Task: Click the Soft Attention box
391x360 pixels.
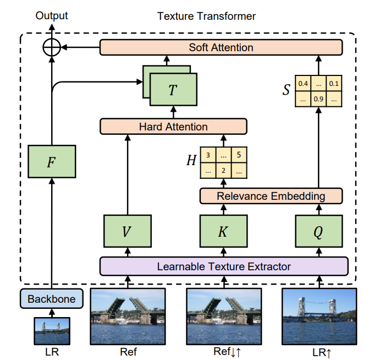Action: click(221, 47)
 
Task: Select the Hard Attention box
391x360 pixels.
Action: click(173, 127)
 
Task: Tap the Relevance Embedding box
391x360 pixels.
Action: click(271, 196)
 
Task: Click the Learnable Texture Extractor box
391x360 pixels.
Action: click(224, 266)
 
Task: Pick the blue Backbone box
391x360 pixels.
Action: click(51, 298)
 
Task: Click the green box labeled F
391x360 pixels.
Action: click(52, 161)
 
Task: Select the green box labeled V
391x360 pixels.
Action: click(128, 231)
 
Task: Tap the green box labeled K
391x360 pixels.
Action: click(224, 231)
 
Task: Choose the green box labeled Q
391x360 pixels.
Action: click(319, 231)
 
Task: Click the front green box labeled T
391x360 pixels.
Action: click(173, 89)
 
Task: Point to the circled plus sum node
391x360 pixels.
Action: click(52, 47)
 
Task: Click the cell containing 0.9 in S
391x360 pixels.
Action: click(318, 99)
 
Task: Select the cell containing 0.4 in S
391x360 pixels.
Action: click(303, 83)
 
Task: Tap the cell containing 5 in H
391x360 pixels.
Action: click(239, 155)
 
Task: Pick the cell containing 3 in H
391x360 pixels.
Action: click(208, 155)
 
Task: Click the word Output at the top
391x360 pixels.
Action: click(52, 16)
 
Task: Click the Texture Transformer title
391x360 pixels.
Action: click(206, 16)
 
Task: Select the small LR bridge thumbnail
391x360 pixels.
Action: click(52, 331)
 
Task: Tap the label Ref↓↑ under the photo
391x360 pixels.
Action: click(227, 352)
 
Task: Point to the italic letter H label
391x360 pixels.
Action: click(191, 160)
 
